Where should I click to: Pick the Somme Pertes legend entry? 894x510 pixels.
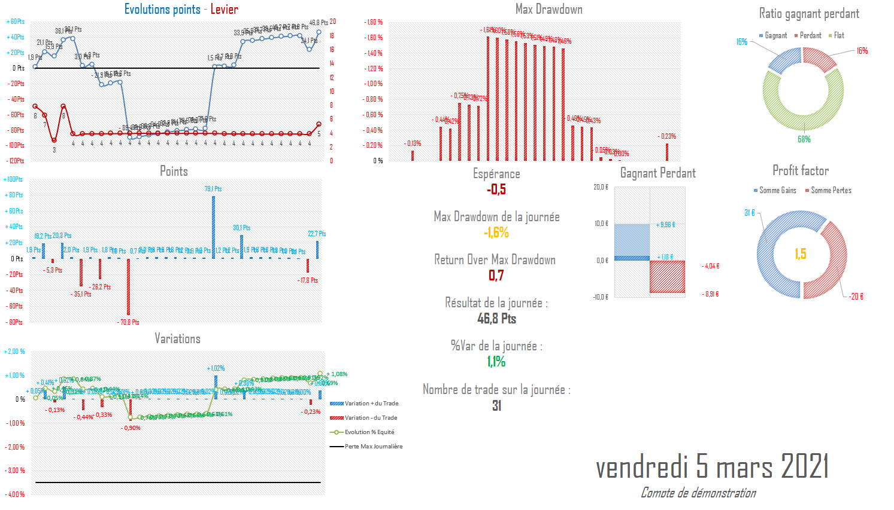(x=831, y=191)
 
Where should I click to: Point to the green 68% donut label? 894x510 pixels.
(x=804, y=139)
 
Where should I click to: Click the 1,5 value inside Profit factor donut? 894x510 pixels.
(x=801, y=254)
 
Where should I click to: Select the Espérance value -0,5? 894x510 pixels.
(x=496, y=190)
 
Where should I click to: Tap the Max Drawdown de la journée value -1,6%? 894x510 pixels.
(x=496, y=233)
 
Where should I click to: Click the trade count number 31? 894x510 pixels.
(x=496, y=406)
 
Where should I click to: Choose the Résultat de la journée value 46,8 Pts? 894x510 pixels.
(x=496, y=319)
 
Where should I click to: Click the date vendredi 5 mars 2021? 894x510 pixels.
(x=712, y=466)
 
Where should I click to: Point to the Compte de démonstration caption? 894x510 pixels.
(x=698, y=493)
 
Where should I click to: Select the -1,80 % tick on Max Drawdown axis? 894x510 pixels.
(x=374, y=23)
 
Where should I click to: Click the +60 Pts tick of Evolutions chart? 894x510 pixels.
(x=16, y=22)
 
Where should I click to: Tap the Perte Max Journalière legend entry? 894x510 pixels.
(x=373, y=447)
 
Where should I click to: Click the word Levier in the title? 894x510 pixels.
(x=224, y=10)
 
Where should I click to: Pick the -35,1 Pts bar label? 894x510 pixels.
(x=81, y=294)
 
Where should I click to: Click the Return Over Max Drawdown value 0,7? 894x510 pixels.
(x=496, y=276)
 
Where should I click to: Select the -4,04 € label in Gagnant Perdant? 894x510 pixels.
(x=711, y=266)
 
